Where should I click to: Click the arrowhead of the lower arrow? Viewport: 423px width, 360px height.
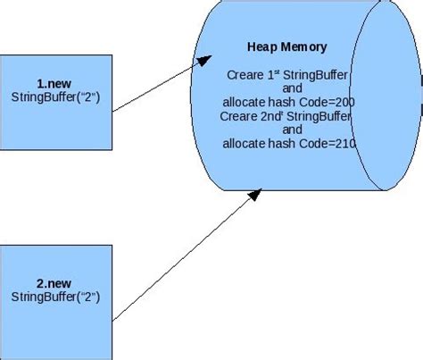pyautogui.click(x=255, y=189)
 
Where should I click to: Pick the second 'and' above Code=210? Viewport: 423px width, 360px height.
pyautogui.click(x=292, y=129)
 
